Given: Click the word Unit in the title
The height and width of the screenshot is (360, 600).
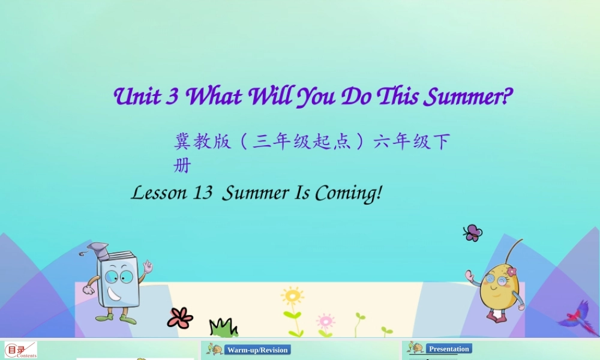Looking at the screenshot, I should (x=139, y=97).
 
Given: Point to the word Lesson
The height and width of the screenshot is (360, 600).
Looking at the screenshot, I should (x=159, y=193).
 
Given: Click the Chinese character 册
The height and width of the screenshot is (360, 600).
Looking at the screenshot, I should (x=182, y=166).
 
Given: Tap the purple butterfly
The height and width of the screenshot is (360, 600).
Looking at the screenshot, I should (x=473, y=233).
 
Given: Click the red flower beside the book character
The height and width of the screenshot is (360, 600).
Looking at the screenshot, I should (x=180, y=318).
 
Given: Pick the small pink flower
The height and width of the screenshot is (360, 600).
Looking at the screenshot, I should (x=325, y=321).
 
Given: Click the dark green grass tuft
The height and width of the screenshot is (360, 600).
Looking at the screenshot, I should (x=223, y=328).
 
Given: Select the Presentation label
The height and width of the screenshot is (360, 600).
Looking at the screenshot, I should (x=449, y=349).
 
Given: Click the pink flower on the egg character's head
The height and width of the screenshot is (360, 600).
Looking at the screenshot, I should (x=511, y=272).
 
